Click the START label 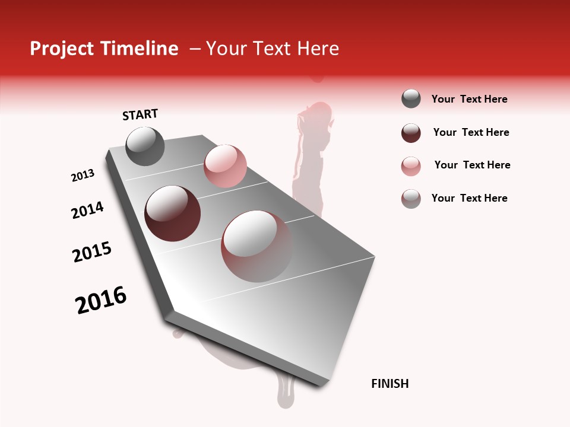[140, 114]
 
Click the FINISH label [389, 384]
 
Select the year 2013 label [83, 176]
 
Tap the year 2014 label [87, 211]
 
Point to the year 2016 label [101, 300]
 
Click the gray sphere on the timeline [145, 146]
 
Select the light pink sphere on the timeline [225, 165]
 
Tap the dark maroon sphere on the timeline [172, 213]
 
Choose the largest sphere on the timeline [256, 246]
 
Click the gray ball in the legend [411, 98]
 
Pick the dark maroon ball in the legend [411, 133]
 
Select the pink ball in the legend [411, 166]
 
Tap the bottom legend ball [411, 199]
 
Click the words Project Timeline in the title [104, 49]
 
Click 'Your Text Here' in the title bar [272, 49]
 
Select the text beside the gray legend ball [469, 99]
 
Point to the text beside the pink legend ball [472, 165]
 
